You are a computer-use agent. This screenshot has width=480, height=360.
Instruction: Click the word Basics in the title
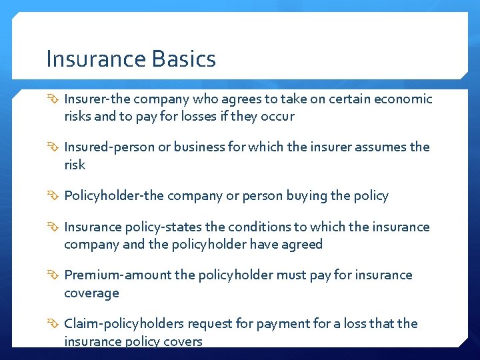click(184, 59)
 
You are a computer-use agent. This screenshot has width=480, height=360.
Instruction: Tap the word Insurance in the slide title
click(96, 59)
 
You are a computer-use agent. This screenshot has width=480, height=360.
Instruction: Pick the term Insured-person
click(109, 147)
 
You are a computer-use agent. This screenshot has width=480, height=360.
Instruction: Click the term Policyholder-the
click(113, 195)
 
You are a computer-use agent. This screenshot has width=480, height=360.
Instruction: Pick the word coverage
click(91, 293)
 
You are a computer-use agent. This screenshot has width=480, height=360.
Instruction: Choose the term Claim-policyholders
click(124, 323)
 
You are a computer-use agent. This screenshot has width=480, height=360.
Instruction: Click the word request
click(209, 324)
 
